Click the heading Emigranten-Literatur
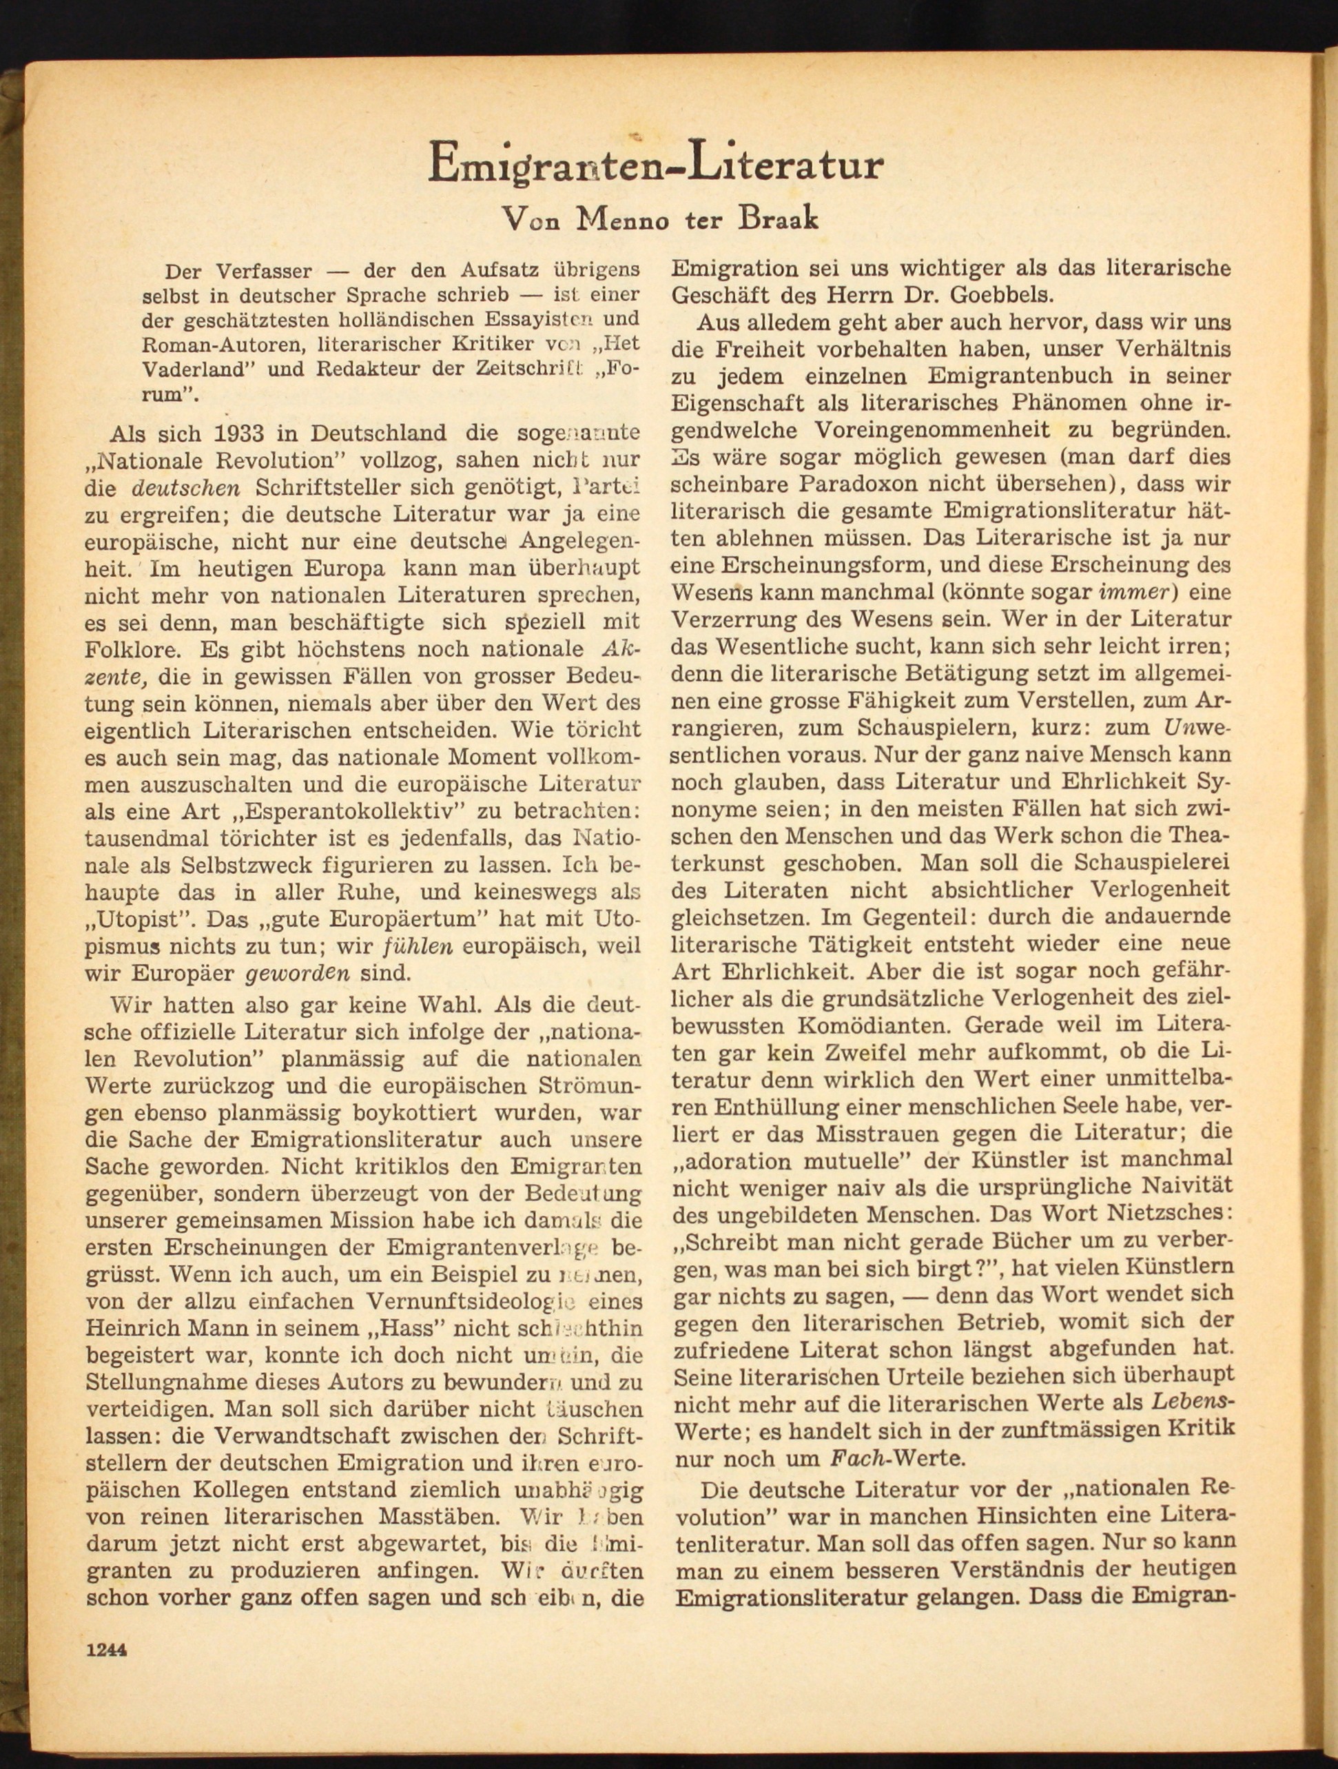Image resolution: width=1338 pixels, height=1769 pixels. pyautogui.click(x=655, y=163)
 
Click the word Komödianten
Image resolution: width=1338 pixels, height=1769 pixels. pyautogui.click(x=867, y=1025)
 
